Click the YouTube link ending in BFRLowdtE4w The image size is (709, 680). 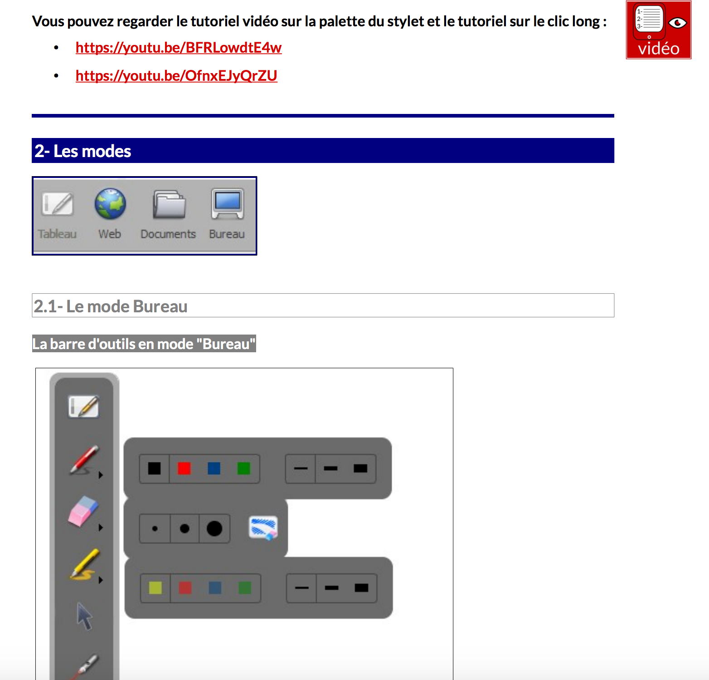(x=179, y=48)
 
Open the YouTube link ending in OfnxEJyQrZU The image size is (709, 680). (x=176, y=76)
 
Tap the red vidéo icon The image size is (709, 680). (x=659, y=30)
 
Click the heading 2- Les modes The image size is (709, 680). (x=83, y=151)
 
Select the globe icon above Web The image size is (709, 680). (x=110, y=204)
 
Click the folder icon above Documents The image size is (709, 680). (x=169, y=204)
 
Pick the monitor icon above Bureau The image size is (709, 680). (x=228, y=204)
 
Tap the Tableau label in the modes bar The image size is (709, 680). (x=57, y=234)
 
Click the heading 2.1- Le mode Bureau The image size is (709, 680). (x=111, y=306)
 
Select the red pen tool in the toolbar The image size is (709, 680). (x=84, y=460)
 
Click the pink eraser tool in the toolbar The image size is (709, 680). (x=83, y=512)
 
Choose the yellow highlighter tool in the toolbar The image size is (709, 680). (x=84, y=564)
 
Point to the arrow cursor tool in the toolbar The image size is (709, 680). (x=84, y=616)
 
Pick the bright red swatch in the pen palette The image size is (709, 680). (x=184, y=468)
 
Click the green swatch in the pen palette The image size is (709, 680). (x=244, y=468)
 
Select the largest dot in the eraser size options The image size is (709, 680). (x=214, y=528)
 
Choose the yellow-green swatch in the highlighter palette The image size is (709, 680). (x=155, y=588)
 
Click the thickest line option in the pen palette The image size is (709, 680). (x=360, y=468)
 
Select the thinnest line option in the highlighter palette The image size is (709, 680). (x=302, y=588)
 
